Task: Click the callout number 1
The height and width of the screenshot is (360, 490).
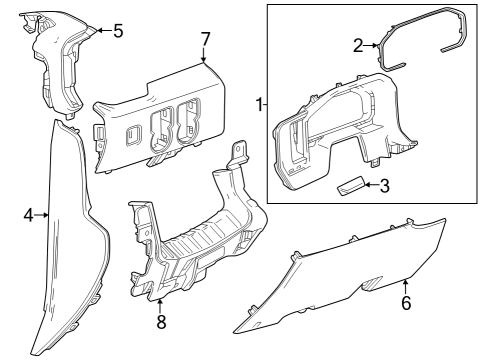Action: [259, 105]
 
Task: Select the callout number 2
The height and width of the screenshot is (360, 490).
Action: [357, 45]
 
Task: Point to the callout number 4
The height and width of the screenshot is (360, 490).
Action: [28, 214]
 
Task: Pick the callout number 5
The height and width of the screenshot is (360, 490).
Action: [117, 31]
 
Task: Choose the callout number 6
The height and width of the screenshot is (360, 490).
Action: [405, 302]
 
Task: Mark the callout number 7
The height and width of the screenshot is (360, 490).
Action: [205, 39]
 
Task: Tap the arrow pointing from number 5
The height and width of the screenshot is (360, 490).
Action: [96, 31]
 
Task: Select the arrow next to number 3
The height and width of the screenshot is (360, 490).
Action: [371, 185]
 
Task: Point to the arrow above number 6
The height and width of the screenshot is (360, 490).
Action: [405, 286]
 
